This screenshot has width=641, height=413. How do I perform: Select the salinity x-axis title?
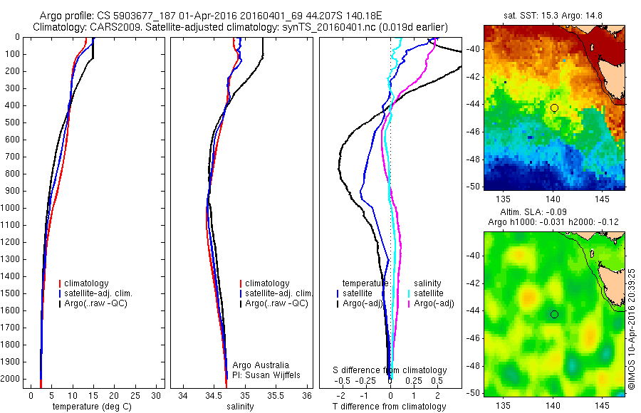pyautogui.click(x=241, y=407)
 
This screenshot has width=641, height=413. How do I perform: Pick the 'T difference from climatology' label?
pyautogui.click(x=389, y=407)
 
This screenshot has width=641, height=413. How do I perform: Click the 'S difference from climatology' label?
pyautogui.click(x=390, y=370)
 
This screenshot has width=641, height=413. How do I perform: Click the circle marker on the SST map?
pyautogui.click(x=554, y=108)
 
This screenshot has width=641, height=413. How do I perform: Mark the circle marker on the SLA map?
pyautogui.click(x=554, y=314)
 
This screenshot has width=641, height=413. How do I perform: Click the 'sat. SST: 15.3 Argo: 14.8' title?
pyautogui.click(x=554, y=14)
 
